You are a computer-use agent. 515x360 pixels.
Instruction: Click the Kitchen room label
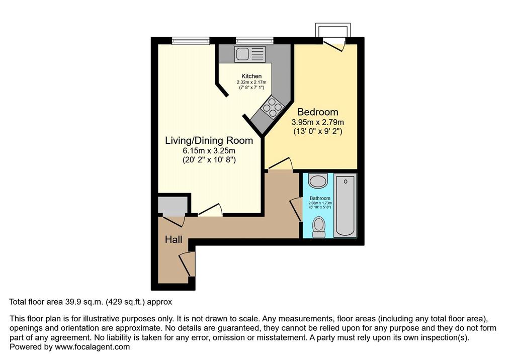pos(251,76)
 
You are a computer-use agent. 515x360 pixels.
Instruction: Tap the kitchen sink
pos(249,53)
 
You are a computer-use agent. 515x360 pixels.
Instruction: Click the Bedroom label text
pos(318,112)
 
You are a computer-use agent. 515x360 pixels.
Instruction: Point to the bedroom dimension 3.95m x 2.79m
pos(318,122)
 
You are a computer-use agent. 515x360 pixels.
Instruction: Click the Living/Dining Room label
pos(209,141)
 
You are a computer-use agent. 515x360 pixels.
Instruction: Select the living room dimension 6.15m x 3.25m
pos(209,151)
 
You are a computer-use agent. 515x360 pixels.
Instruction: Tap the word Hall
pos(174,239)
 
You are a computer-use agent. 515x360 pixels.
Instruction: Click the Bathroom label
pos(320,199)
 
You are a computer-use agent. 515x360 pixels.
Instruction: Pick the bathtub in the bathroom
pos(345,205)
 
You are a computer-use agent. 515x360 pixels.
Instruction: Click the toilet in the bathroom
pos(318,227)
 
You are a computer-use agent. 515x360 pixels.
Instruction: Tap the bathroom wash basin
pos(318,181)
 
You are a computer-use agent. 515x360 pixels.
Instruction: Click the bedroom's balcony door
pos(334,44)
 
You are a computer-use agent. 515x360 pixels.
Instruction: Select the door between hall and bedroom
pos(280,164)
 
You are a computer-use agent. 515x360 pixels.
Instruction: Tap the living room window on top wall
pos(191,40)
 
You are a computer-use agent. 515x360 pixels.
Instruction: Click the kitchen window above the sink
pos(254,40)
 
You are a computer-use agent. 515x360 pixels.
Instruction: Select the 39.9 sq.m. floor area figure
pos(81,302)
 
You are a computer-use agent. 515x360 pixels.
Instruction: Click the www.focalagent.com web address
pos(93,347)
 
